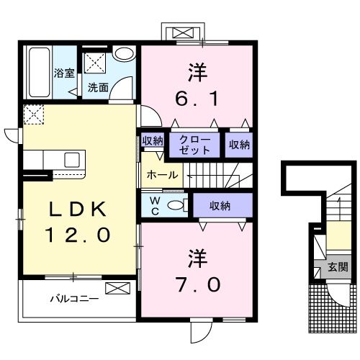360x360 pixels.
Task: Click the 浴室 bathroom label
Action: (x=64, y=73)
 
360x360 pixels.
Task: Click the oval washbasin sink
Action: (x=125, y=53)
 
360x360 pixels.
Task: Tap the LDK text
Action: (x=78, y=209)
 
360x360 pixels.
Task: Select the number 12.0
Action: (x=78, y=235)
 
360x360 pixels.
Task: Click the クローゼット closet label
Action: (x=195, y=145)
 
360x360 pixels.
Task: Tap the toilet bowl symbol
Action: (x=174, y=205)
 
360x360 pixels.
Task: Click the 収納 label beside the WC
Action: (x=220, y=206)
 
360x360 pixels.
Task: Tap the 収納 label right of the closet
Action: (x=238, y=145)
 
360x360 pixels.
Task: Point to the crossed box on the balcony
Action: (x=115, y=289)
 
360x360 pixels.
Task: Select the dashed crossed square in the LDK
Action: (x=34, y=114)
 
